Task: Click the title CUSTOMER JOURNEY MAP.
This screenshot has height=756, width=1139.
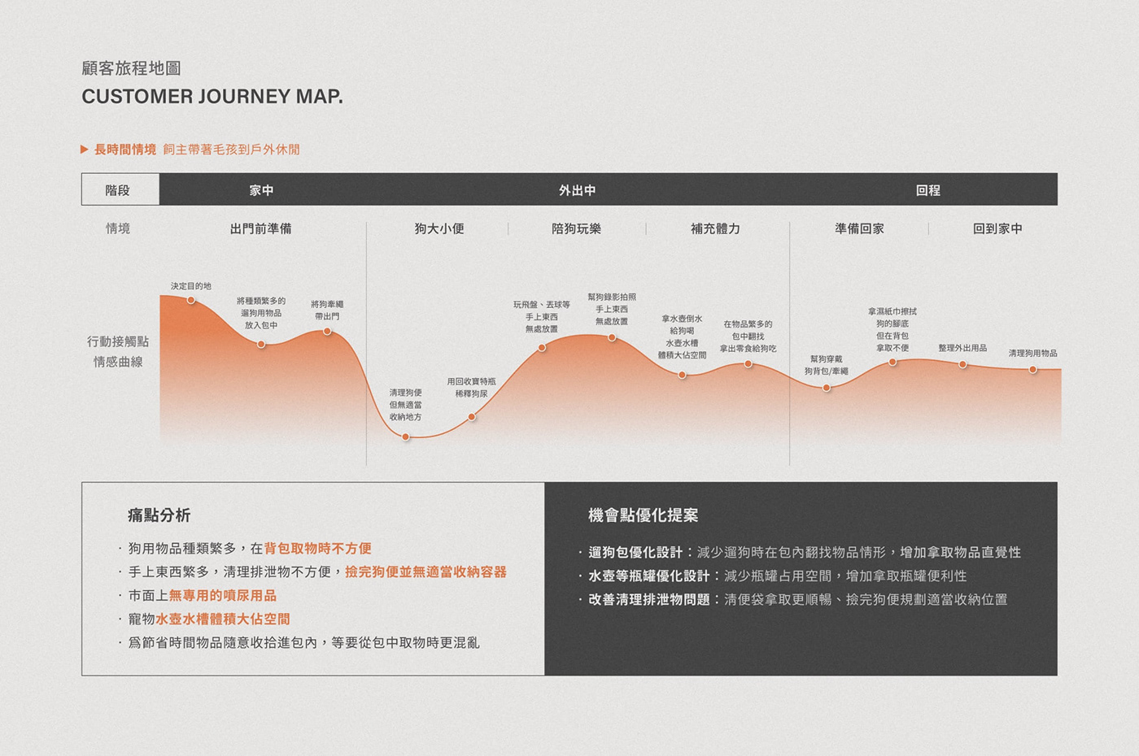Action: [x=212, y=97]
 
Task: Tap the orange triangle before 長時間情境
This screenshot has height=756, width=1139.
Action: [x=85, y=150]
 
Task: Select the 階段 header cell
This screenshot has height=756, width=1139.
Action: [x=118, y=190]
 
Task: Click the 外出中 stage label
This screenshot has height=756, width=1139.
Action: [x=577, y=190]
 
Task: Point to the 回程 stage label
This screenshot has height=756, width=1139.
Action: [x=927, y=190]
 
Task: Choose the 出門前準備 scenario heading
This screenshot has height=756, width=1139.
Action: [x=260, y=228]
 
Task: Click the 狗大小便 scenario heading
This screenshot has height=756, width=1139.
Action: [x=439, y=228]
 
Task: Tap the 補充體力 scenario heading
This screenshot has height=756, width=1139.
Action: [x=715, y=228]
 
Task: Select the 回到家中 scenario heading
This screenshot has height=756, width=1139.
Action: [x=997, y=228]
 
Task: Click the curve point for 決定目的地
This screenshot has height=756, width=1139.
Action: [x=191, y=300]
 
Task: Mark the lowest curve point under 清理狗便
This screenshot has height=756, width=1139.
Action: [x=406, y=437]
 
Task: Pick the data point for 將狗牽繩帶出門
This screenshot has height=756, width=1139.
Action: [x=327, y=332]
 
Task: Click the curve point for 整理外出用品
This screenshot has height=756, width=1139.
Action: [x=962, y=365]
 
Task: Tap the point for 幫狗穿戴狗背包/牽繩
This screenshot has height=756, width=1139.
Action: [x=827, y=388]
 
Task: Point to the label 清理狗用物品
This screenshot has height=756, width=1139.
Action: [x=1032, y=354]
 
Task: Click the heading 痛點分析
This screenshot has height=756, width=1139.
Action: [x=159, y=515]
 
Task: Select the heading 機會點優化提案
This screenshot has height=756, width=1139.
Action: [x=643, y=515]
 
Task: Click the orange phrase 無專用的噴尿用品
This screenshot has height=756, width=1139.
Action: [x=222, y=596]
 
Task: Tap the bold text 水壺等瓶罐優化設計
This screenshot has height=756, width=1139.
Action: [x=648, y=576]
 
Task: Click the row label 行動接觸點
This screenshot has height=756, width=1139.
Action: [x=118, y=341]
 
